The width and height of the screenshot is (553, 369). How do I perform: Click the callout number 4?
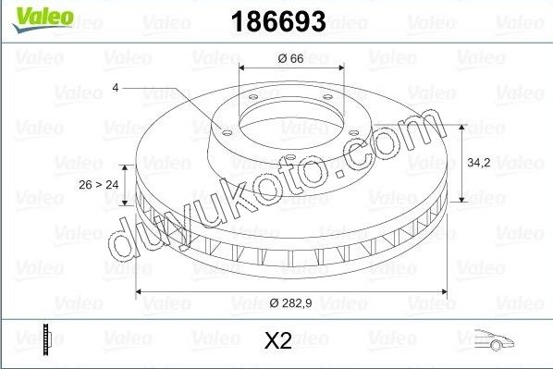click(x=116, y=87)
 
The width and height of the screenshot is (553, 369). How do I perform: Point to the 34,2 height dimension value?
click(x=478, y=161)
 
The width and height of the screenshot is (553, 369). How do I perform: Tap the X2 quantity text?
click(x=278, y=341)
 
